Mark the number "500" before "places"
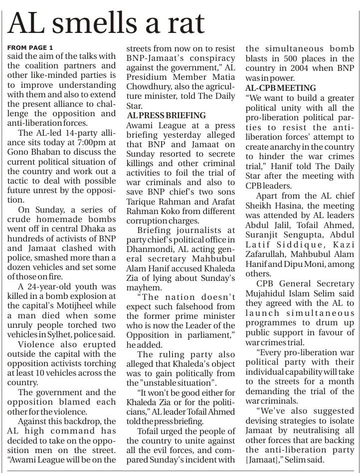[x=284, y=59]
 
